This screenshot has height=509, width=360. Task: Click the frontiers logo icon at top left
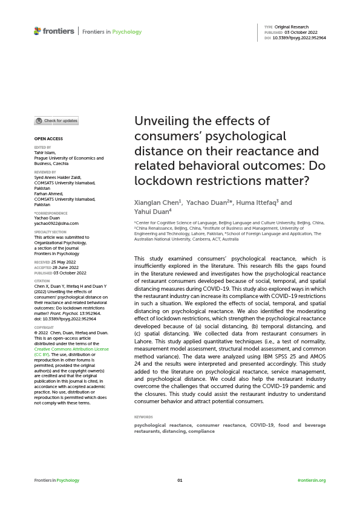pos(38,31)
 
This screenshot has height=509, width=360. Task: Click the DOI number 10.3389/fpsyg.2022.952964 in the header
pos(300,37)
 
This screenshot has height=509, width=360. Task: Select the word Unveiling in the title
pos(161,121)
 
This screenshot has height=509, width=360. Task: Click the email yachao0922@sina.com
pos(56,224)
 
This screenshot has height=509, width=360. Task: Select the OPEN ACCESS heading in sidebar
pos(48,139)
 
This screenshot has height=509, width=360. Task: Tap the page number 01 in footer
pos(180,480)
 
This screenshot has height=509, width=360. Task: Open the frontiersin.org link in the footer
pos(312,480)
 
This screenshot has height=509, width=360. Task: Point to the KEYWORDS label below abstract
pos(143,417)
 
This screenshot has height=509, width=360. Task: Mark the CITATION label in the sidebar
pos(42,281)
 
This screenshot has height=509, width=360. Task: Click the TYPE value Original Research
pos(292,27)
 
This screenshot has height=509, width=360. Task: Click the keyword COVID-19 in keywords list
pos(262,425)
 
